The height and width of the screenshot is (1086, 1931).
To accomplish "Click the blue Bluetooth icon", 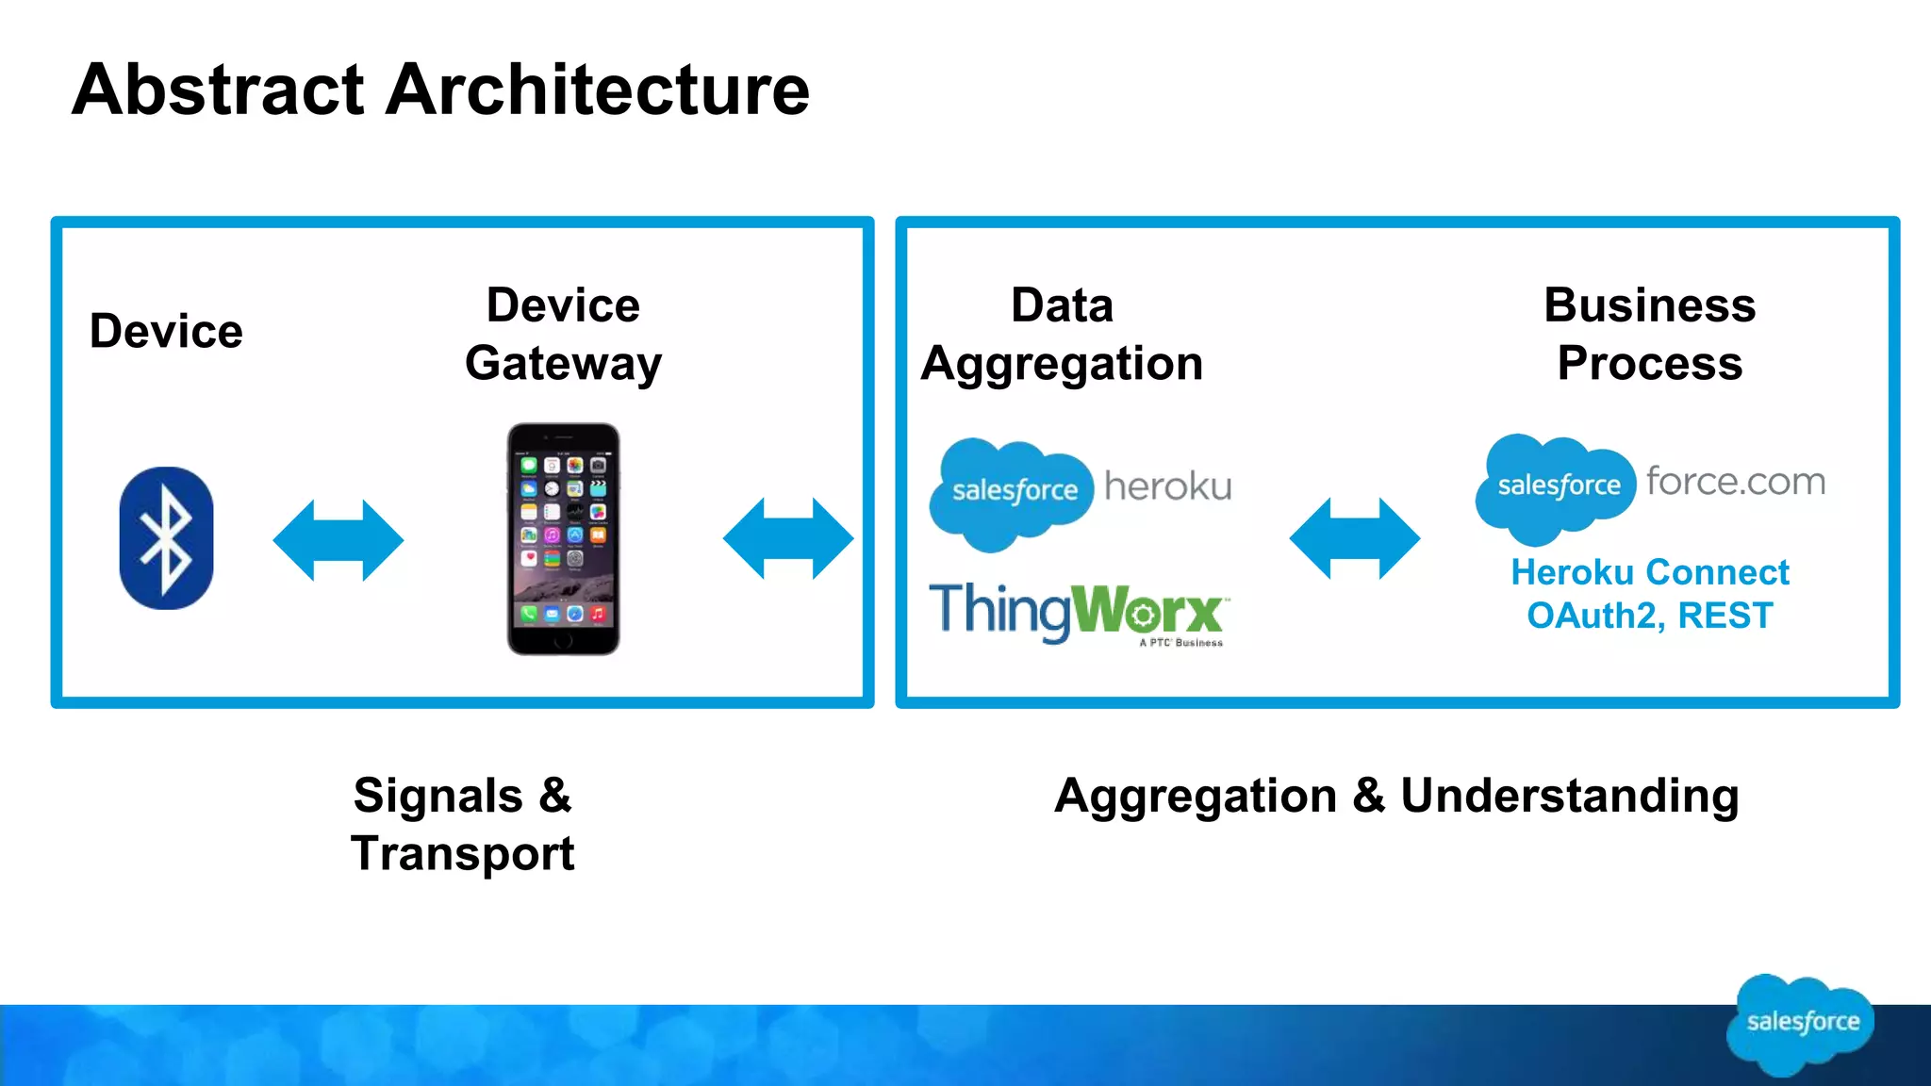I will point(166,538).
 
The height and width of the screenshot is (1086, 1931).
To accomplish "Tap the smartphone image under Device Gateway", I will point(564,538).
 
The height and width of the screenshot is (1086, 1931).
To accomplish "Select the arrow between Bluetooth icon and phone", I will point(338,540).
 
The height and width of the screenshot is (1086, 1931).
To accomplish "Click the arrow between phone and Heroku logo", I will point(788,538).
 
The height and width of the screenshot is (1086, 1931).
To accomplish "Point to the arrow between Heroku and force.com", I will point(1354,538).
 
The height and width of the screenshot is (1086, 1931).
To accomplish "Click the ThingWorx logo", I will point(1077,612).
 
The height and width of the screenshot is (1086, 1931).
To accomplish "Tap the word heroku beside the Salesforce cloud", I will point(1168,486).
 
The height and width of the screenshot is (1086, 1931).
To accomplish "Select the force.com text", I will point(1736,482).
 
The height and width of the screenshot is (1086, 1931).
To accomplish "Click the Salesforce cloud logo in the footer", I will point(1801,1024).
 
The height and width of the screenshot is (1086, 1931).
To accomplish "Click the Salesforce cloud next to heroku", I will point(1013,492).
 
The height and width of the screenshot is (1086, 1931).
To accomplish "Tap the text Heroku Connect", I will point(1649,572).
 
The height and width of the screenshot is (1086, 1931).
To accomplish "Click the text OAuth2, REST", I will point(1649,616).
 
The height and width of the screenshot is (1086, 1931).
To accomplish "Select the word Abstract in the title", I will point(218,90).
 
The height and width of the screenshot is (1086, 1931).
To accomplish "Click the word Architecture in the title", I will point(598,90).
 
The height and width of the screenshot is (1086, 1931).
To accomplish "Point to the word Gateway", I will point(563,365).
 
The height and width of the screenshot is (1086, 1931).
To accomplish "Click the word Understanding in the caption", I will point(1569,797).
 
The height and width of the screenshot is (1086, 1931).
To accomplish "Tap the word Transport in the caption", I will point(462,854).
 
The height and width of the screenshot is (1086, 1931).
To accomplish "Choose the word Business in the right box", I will point(1649,305).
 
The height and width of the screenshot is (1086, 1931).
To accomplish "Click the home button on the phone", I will point(563,641).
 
